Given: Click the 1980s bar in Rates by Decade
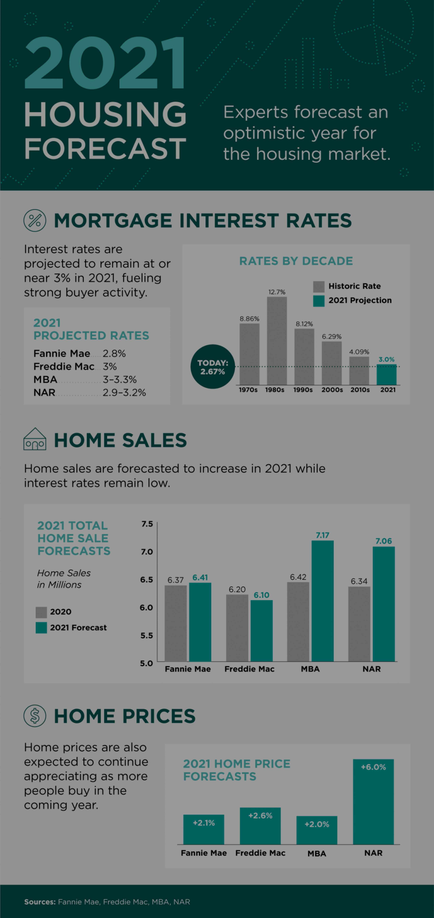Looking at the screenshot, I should pos(277,340).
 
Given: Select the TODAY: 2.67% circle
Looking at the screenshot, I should pos(213,367).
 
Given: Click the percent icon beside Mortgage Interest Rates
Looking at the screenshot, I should pos(35,221).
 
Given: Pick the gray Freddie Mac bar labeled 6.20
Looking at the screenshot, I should pos(237,628).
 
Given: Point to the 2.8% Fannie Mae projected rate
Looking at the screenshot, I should pos(114,354).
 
